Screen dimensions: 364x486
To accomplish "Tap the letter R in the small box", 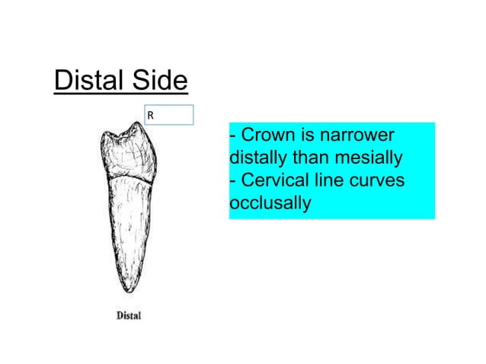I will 151,117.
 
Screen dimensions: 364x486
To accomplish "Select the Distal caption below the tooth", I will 128,315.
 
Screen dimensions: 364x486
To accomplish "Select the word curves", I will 376,181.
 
